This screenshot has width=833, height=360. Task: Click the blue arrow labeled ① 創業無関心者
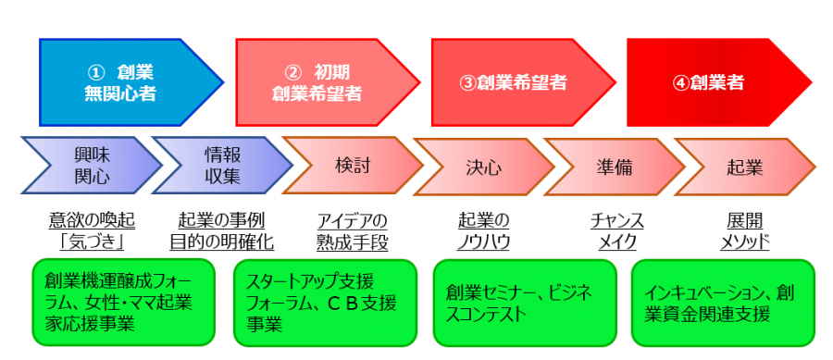click(x=126, y=81)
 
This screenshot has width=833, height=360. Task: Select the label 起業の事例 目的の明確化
click(x=221, y=231)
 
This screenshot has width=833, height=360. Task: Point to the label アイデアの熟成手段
click(x=353, y=231)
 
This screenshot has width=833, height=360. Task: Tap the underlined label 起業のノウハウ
click(x=484, y=231)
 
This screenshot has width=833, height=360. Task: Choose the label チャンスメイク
click(x=616, y=231)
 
